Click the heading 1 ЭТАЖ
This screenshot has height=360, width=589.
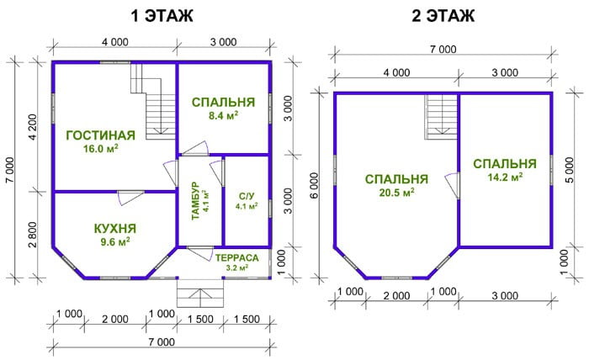tap(162, 16)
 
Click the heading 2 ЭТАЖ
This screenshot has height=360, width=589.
tap(443, 16)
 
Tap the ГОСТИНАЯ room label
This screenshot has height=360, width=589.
tap(101, 135)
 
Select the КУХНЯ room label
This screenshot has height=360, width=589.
tap(115, 228)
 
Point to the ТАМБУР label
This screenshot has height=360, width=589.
tap(195, 201)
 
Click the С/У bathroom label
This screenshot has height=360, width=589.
tap(247, 196)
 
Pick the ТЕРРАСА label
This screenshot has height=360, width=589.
tap(236, 258)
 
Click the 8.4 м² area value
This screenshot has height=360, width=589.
tap(223, 115)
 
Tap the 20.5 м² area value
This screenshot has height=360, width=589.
tap(397, 193)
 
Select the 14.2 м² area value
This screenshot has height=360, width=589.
tap(505, 177)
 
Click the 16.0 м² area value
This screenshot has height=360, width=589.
tap(101, 149)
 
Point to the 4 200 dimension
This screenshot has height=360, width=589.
tap(33, 127)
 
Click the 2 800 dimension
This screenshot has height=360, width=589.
tap(33, 235)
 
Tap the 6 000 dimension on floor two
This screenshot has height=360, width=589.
tap(314, 185)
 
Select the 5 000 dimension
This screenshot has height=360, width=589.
tap(570, 170)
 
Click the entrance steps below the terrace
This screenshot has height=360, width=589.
tap(200, 294)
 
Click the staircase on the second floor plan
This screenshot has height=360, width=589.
tap(441, 117)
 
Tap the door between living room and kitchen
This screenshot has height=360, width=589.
tap(130, 197)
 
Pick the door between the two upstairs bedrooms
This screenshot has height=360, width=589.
tap(453, 185)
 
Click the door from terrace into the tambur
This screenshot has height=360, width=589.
tap(200, 253)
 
